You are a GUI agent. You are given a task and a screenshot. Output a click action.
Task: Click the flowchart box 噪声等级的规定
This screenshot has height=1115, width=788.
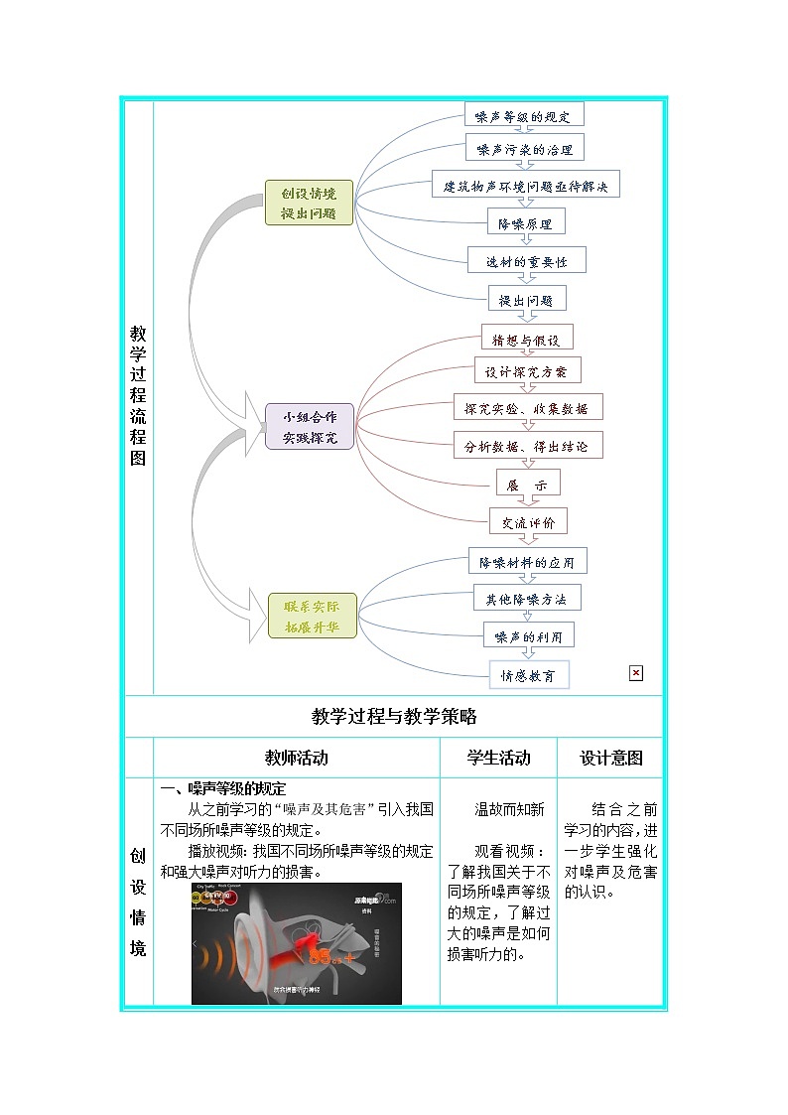524,115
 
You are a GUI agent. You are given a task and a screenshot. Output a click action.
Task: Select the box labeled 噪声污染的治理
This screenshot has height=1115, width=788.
524,150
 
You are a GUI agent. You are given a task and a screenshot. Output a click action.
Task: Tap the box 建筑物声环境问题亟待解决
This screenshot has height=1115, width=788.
525,185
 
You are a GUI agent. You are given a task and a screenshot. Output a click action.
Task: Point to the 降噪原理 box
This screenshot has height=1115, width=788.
525,222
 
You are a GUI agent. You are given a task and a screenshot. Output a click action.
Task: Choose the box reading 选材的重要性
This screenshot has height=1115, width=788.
527,260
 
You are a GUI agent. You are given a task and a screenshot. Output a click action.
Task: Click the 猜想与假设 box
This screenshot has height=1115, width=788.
527,338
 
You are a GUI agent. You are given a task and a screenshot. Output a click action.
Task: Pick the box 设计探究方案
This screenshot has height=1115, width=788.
527,372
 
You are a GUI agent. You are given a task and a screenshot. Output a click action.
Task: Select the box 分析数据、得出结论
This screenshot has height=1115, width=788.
528,446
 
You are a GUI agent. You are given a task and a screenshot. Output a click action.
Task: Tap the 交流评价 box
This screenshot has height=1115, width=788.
528,521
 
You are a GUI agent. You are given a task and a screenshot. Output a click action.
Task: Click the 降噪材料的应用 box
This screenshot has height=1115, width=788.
528,562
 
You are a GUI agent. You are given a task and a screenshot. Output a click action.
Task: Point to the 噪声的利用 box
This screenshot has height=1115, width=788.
528,636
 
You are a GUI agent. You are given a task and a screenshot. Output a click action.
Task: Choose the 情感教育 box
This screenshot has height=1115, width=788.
529,675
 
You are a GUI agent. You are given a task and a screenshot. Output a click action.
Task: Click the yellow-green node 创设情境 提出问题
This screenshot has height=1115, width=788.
309,203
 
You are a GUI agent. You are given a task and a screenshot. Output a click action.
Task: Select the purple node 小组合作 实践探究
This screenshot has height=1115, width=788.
309,427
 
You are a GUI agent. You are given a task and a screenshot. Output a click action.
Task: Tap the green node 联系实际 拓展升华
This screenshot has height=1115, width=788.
312,616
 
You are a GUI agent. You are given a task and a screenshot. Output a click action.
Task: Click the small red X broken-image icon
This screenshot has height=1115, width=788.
636,673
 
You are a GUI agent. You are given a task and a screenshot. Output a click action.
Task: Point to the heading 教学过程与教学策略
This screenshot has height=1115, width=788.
394,716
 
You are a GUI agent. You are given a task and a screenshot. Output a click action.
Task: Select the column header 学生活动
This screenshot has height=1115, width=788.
498,758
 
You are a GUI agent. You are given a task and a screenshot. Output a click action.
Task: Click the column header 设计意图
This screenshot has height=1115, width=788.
610,758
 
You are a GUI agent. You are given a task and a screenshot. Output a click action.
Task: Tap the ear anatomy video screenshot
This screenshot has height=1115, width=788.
297,943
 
